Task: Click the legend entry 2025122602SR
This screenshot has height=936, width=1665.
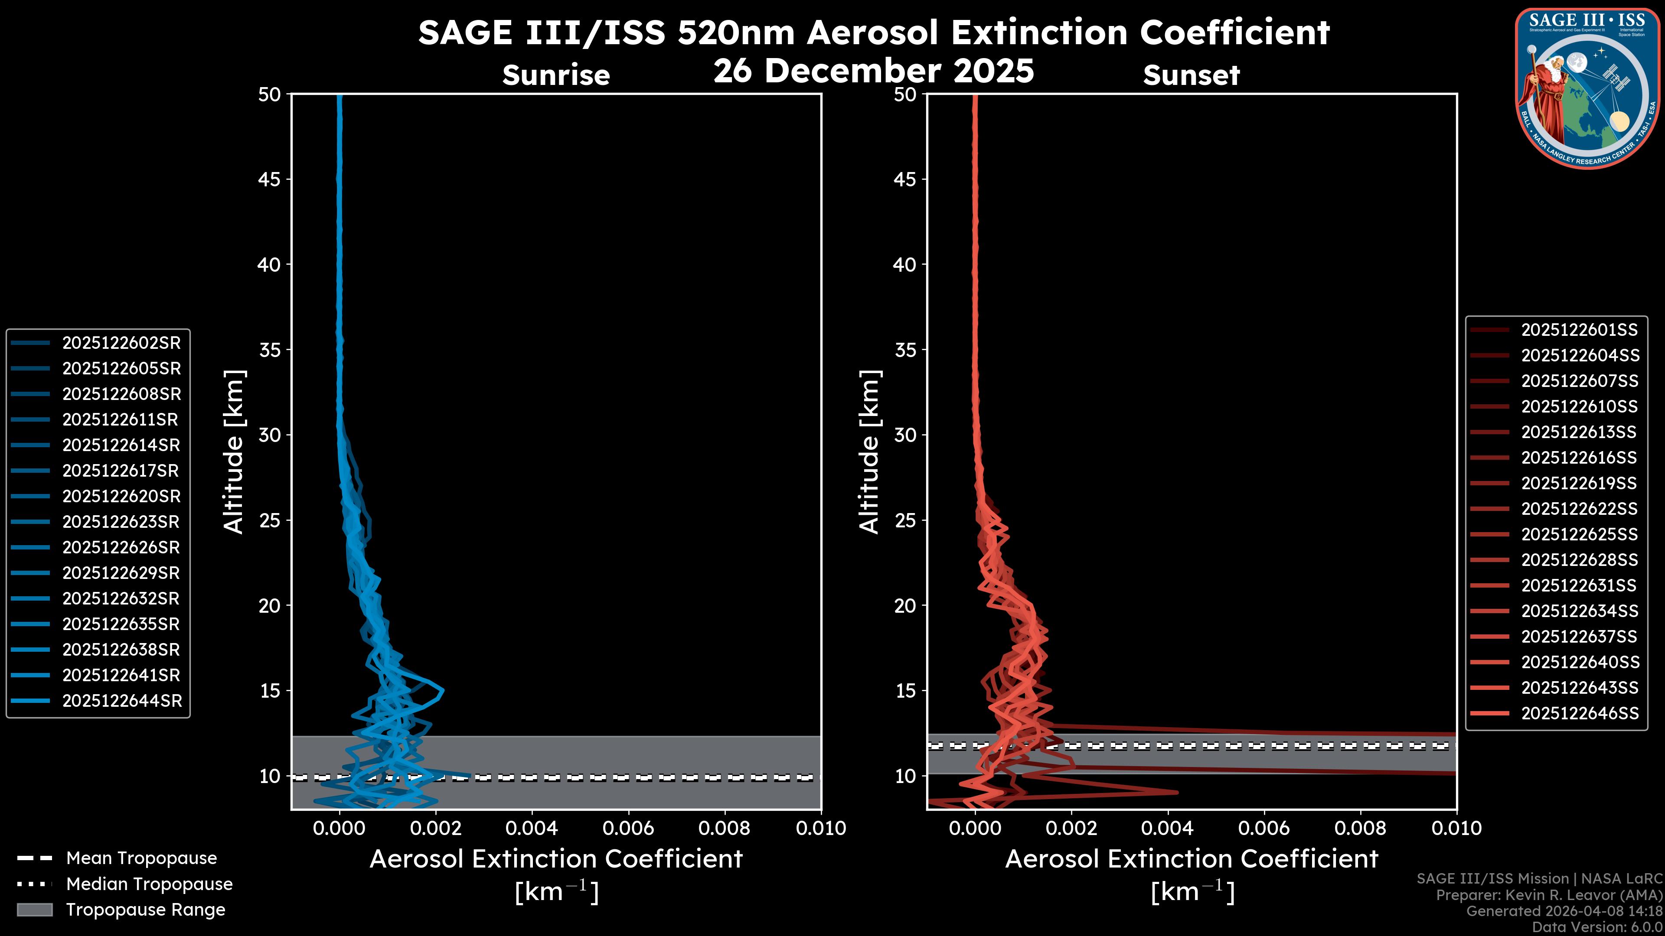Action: (121, 343)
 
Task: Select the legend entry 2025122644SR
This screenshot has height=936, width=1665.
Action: (121, 701)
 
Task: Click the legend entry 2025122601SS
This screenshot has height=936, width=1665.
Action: (1579, 330)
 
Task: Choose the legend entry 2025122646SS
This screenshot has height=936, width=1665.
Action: (1580, 713)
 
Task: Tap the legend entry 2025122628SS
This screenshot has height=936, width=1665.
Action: (1579, 560)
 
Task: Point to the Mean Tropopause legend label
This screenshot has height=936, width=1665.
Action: (141, 858)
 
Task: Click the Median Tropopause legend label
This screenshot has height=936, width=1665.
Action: (149, 884)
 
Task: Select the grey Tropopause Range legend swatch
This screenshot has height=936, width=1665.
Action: (34, 910)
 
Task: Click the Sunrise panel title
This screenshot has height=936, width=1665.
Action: (556, 75)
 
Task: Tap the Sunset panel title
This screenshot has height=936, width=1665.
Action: (1191, 75)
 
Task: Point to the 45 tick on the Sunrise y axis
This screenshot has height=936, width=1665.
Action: (269, 179)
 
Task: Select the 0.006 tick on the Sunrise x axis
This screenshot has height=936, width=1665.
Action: (628, 828)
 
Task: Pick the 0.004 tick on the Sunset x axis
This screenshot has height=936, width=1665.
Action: (1167, 828)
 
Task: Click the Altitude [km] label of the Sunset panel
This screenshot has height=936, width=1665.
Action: (869, 452)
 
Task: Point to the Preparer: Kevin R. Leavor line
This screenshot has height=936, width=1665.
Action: (1549, 895)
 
